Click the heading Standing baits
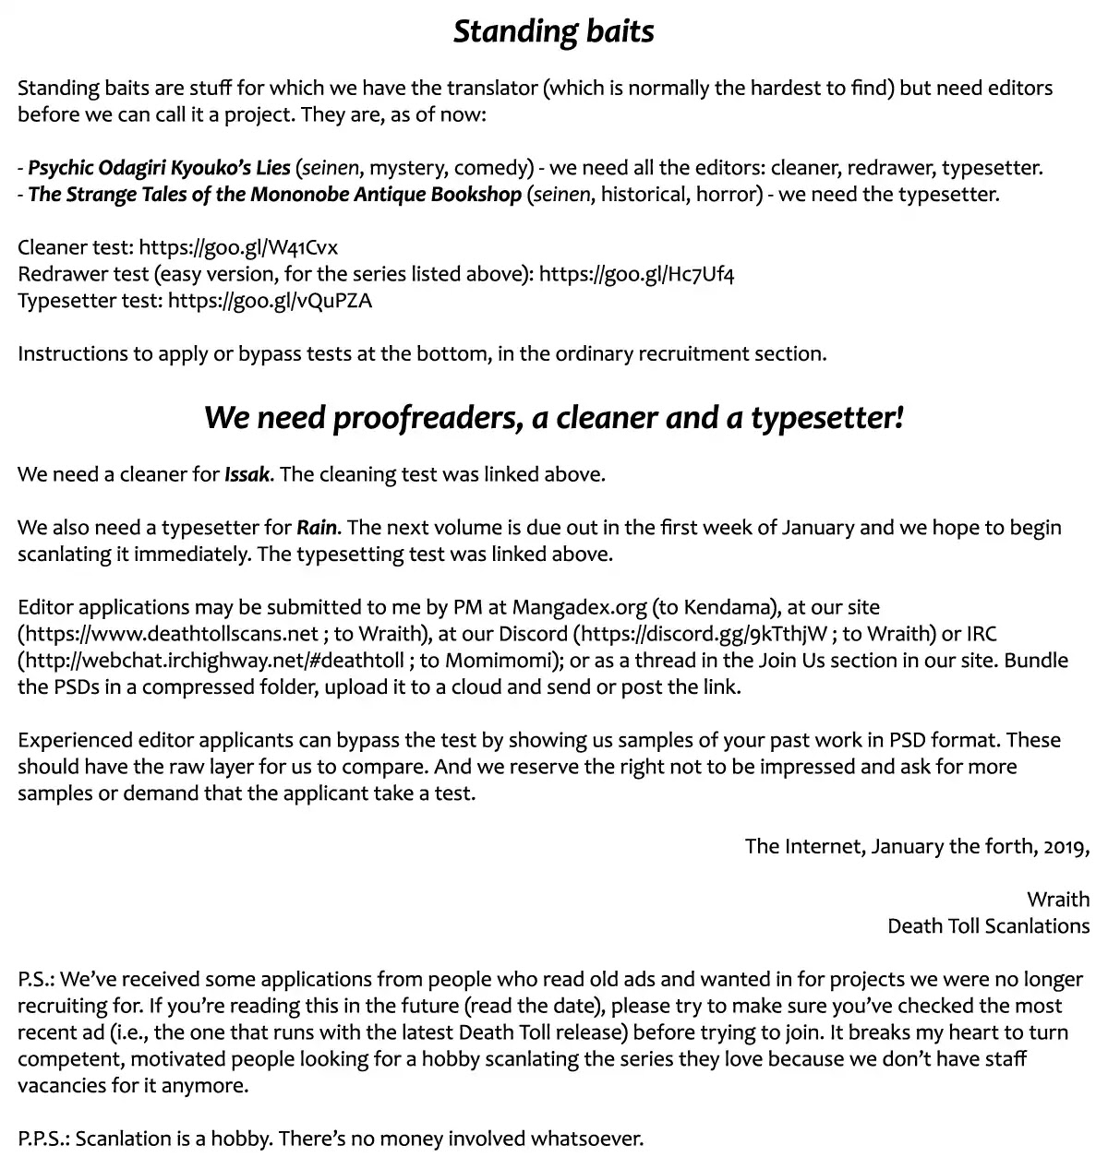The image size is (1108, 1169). pyautogui.click(x=553, y=31)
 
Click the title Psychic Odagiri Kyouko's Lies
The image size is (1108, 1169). pyautogui.click(x=159, y=168)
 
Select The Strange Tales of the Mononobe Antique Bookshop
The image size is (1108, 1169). pyautogui.click(x=275, y=195)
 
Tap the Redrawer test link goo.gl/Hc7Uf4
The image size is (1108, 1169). pyautogui.click(x=636, y=274)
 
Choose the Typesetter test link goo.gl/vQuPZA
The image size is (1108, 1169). pyautogui.click(x=270, y=301)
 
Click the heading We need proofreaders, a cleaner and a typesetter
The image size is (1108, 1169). pyautogui.click(x=553, y=418)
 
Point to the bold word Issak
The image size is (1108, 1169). pyautogui.click(x=247, y=475)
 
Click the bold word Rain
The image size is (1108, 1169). pyautogui.click(x=317, y=528)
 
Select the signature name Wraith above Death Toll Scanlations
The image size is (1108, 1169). pyautogui.click(x=1058, y=900)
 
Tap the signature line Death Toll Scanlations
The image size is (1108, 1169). pyautogui.click(x=988, y=926)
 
